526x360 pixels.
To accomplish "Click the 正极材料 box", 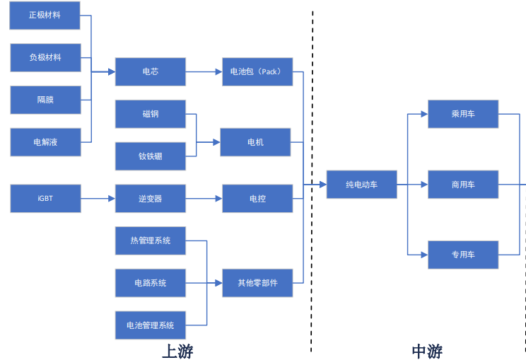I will (x=45, y=15).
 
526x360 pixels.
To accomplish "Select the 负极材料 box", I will (x=45, y=57).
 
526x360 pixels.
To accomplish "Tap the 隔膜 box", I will (x=45, y=100).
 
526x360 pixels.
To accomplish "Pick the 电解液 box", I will (x=45, y=142).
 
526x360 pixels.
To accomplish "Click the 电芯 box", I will (x=150, y=71).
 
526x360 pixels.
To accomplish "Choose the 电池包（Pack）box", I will (x=257, y=71).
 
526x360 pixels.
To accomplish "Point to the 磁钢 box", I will (x=150, y=114).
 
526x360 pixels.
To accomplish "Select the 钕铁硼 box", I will (x=150, y=156).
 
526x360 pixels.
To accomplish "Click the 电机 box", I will (x=255, y=142).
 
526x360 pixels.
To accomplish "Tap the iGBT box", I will (x=45, y=199).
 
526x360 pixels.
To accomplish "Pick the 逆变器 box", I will (x=150, y=199).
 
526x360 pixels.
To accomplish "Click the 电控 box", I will (x=257, y=199).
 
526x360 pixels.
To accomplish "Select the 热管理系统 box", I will (x=150, y=240).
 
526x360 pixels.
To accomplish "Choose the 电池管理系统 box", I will (x=150, y=325).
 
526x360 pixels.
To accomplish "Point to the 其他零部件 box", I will (x=257, y=283).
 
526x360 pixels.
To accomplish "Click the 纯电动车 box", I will (x=361, y=185).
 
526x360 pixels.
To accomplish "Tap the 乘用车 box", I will (x=463, y=114).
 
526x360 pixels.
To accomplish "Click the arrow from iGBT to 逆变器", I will (x=98, y=199).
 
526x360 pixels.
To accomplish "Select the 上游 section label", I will (x=177, y=350).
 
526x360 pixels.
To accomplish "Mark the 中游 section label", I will (x=427, y=350).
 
